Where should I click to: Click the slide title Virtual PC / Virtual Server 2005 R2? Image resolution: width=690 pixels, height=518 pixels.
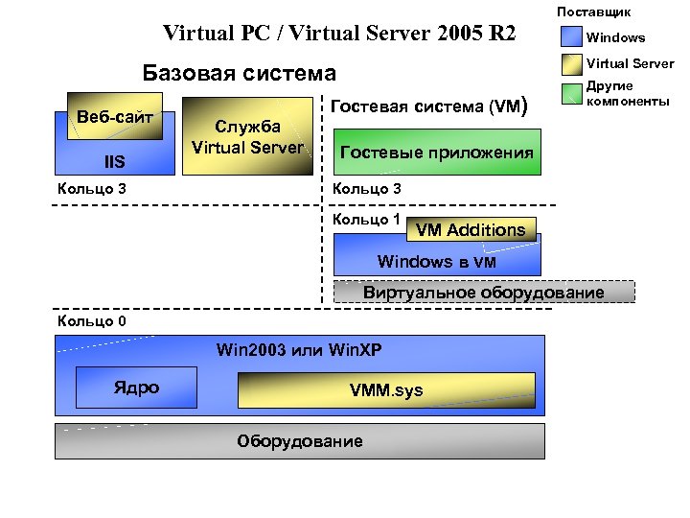click(339, 34)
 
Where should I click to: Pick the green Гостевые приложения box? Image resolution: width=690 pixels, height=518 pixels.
click(437, 153)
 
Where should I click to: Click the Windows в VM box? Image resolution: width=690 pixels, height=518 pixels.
click(437, 261)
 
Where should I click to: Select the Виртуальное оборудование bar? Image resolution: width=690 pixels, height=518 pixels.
click(483, 292)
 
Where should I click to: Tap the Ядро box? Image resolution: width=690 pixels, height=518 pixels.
click(136, 388)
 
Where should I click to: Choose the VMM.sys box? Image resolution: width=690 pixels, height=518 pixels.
click(385, 390)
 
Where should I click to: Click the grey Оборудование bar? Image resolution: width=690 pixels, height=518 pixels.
click(300, 441)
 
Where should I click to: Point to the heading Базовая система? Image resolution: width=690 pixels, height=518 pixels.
click(239, 73)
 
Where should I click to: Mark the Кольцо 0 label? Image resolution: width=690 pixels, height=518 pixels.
click(91, 320)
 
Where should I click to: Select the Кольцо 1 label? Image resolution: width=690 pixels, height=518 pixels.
click(366, 219)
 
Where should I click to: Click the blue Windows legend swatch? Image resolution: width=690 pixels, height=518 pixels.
click(572, 37)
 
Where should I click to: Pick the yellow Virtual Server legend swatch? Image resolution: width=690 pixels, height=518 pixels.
click(572, 65)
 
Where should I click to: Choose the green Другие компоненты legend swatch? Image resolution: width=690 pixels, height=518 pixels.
click(572, 93)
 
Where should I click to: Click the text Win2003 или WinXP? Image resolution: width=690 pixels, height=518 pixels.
click(300, 349)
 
